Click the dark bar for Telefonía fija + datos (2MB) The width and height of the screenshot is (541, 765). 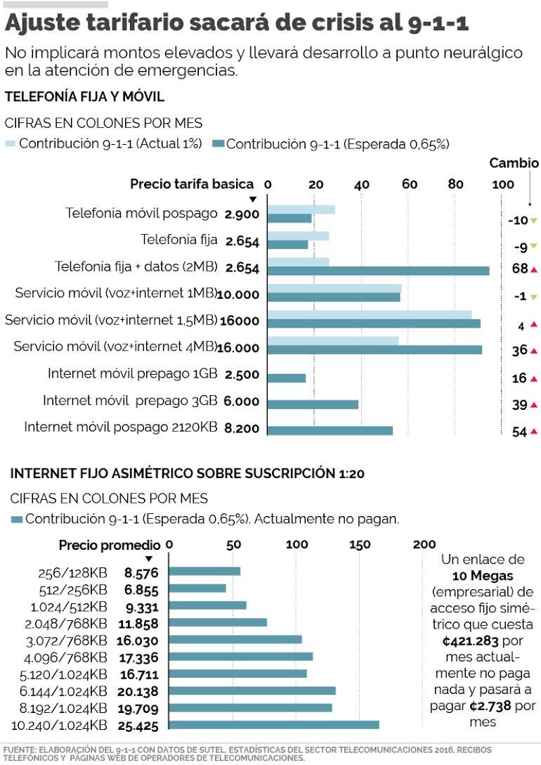pos(378,271)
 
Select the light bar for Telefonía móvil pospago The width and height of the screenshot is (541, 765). pos(301,210)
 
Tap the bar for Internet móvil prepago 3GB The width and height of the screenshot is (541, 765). pos(313,404)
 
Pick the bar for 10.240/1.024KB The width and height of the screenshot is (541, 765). pos(274,725)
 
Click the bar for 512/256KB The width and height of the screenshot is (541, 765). pos(197,588)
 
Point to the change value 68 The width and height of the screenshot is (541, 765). pos(520,269)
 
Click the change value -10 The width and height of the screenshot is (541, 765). pos(518,220)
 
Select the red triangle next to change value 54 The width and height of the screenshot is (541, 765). pos(534,431)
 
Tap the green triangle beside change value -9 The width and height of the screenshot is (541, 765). pos(534,246)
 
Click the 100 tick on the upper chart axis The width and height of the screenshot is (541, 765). pos(502,184)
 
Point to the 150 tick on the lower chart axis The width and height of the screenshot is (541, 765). pos(360,545)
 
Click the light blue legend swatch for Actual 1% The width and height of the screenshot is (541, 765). pos(10,143)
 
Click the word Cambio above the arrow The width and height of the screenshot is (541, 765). pos(514,163)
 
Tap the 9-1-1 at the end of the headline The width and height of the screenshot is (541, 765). pos(438,24)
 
